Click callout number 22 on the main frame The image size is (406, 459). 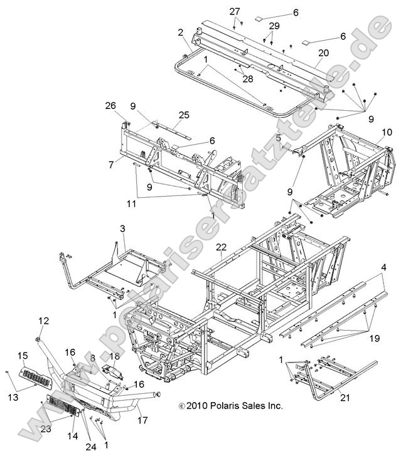pyautogui.click(x=221, y=248)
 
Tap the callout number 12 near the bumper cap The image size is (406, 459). pyautogui.click(x=43, y=321)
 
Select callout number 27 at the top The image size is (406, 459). pyautogui.click(x=234, y=12)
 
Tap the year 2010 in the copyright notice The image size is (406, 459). pyautogui.click(x=197, y=406)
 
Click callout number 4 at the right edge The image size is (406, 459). pyautogui.click(x=383, y=267)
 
